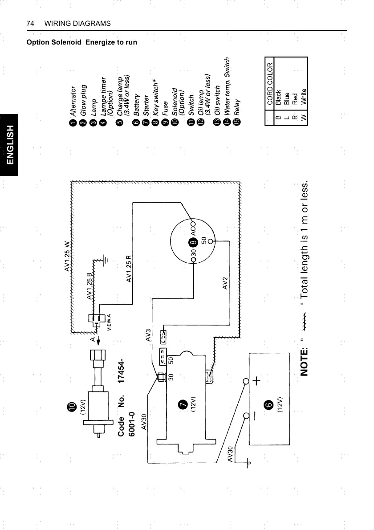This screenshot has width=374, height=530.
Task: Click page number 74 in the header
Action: coord(31,23)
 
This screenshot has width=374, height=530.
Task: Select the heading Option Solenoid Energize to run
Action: coord(82,42)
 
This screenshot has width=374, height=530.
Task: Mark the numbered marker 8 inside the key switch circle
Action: coord(193,242)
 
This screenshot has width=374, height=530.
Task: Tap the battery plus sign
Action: coord(257,382)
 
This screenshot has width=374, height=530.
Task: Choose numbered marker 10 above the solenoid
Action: coord(71,406)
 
